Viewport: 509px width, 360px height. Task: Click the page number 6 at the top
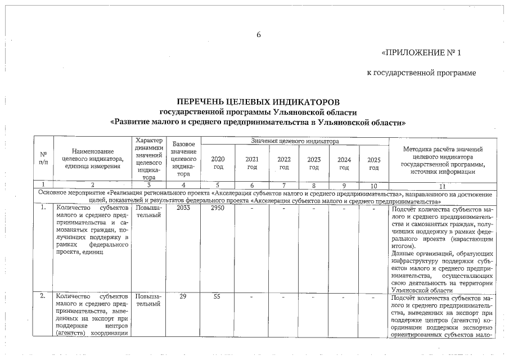[259, 35]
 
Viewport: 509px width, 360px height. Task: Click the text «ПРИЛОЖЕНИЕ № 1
[421, 53]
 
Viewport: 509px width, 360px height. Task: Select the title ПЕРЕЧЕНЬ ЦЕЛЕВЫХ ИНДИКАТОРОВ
[258, 102]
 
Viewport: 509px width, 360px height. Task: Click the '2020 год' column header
[218, 163]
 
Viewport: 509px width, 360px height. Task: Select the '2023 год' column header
[314, 163]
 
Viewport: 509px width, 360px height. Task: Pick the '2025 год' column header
[373, 163]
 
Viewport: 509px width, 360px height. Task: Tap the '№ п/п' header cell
[43, 158]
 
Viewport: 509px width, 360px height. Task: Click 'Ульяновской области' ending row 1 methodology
[421, 290]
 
